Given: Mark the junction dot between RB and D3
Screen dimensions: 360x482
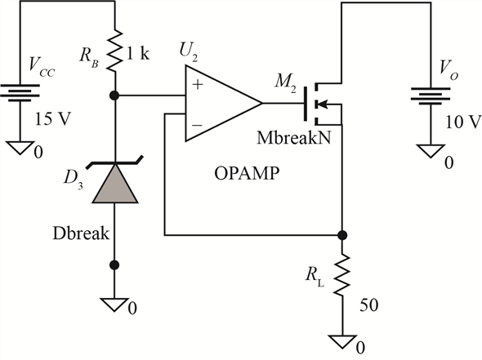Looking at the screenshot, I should pyautogui.click(x=114, y=96).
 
